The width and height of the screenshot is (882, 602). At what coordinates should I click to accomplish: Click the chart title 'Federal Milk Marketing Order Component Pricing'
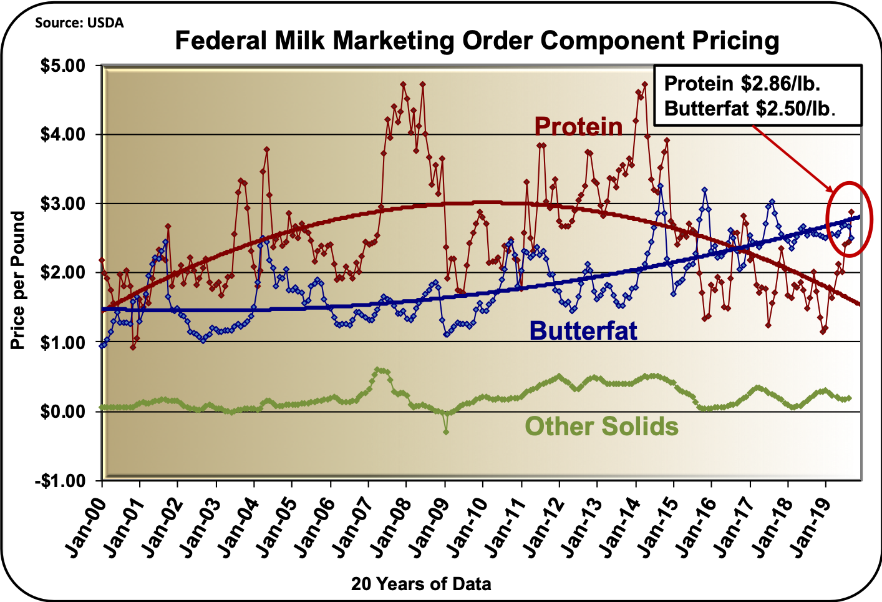[x=477, y=41]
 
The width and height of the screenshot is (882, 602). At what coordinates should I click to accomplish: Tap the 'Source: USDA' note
[x=79, y=23]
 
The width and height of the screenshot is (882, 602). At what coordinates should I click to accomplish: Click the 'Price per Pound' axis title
[x=18, y=280]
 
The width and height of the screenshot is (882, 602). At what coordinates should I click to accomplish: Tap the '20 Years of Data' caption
[x=421, y=584]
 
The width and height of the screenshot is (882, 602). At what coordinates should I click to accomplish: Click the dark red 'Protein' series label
[x=578, y=126]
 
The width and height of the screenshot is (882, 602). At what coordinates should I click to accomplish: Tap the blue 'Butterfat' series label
[x=583, y=330]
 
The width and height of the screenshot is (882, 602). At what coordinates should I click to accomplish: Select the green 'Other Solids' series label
[x=601, y=427]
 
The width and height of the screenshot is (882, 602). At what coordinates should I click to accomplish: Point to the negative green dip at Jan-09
[x=446, y=432]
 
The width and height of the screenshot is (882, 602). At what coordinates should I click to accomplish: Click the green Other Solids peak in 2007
[x=378, y=370]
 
